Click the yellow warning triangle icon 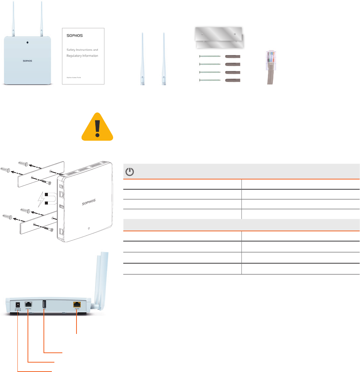pos(97,127)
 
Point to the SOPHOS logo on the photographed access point pos(25,61)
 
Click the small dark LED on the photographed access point pos(28,42)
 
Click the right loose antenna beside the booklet pos(164,60)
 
